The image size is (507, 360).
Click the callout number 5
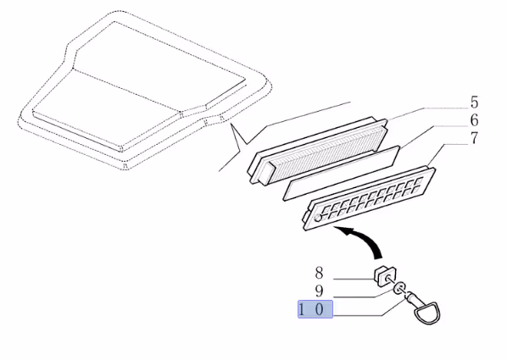(474, 102)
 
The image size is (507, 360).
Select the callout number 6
(474, 120)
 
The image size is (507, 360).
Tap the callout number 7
(474, 138)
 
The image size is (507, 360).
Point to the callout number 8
(319, 273)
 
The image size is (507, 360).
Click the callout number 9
(319, 291)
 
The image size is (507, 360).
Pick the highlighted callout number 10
(315, 309)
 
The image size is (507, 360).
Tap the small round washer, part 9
(400, 288)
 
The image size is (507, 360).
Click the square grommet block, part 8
(385, 276)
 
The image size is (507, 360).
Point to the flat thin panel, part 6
(341, 173)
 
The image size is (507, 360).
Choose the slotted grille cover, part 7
(370, 197)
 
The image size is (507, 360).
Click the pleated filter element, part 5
(319, 152)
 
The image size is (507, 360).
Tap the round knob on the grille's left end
(318, 219)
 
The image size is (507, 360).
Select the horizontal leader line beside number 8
(354, 279)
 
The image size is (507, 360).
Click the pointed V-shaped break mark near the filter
(239, 138)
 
